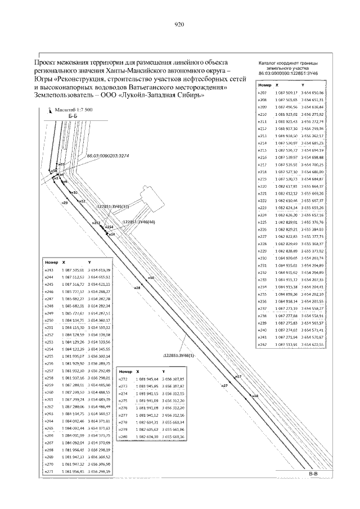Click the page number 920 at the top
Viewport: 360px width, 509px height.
(x=179, y=25)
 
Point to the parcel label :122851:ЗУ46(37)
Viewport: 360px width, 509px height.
(x=114, y=206)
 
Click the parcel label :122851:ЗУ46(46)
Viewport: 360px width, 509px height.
(x=138, y=222)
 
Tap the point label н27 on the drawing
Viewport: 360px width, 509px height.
(x=224, y=386)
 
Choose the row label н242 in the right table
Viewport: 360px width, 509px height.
(x=262, y=344)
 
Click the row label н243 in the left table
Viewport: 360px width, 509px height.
(x=49, y=271)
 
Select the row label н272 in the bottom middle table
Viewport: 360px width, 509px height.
(x=124, y=379)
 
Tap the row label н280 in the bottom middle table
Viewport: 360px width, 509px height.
(x=124, y=437)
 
